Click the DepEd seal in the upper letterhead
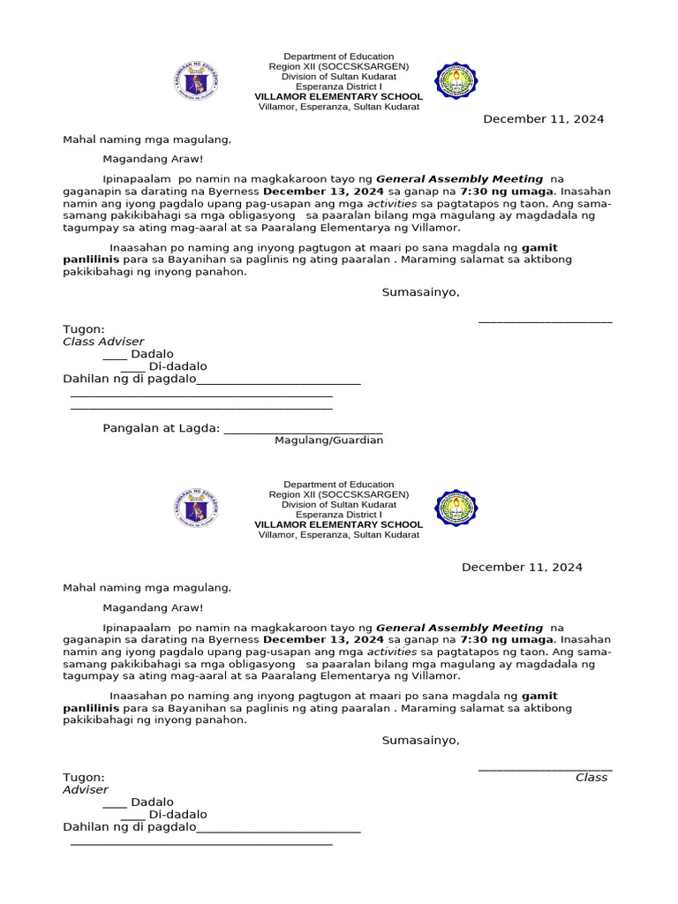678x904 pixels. (x=196, y=82)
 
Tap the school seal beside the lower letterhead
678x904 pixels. (x=456, y=508)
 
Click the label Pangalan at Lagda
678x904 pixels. (x=161, y=428)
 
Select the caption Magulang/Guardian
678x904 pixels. (x=328, y=441)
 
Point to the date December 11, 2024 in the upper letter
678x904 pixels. (x=543, y=119)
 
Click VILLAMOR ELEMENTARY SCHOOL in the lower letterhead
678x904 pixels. (x=338, y=524)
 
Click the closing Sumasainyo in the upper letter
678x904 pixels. (x=420, y=292)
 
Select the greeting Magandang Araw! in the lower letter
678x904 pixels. (x=153, y=607)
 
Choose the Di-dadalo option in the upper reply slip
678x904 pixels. (x=177, y=366)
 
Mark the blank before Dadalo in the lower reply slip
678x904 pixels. (x=114, y=802)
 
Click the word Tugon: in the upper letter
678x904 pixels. (x=84, y=329)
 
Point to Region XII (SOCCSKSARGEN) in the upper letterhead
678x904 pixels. (x=338, y=66)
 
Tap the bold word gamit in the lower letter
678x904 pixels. (x=539, y=697)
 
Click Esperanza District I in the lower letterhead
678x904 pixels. (x=338, y=515)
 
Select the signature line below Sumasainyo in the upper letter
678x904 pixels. (x=545, y=321)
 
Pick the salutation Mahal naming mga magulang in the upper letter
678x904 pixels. (x=147, y=139)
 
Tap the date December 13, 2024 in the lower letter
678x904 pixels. (x=323, y=639)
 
